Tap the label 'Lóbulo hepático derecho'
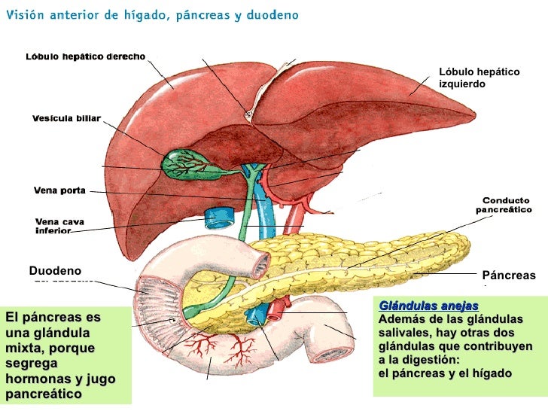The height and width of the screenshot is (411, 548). [x=86, y=57]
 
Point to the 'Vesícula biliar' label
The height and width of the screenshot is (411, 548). [x=66, y=118]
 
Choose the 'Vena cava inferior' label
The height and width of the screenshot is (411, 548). [x=60, y=226]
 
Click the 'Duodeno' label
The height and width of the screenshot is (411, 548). [x=54, y=270]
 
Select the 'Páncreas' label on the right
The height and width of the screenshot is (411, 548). [x=509, y=276]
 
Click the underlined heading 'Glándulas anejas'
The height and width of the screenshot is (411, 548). [x=418, y=306]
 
